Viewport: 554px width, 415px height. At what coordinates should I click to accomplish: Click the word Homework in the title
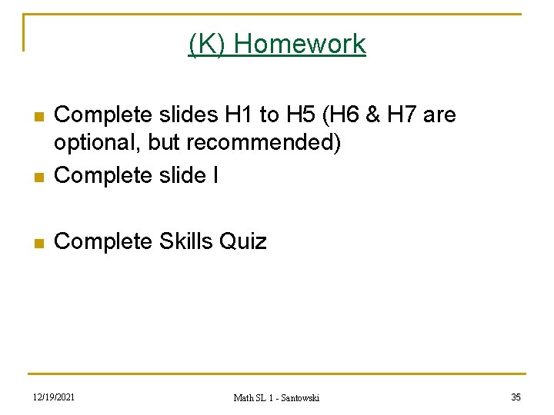300,44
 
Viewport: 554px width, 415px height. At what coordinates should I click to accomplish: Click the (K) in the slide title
208,44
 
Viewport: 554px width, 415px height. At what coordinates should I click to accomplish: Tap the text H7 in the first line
403,115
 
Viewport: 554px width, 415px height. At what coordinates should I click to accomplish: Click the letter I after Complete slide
215,175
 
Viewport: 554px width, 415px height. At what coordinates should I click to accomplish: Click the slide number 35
516,397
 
